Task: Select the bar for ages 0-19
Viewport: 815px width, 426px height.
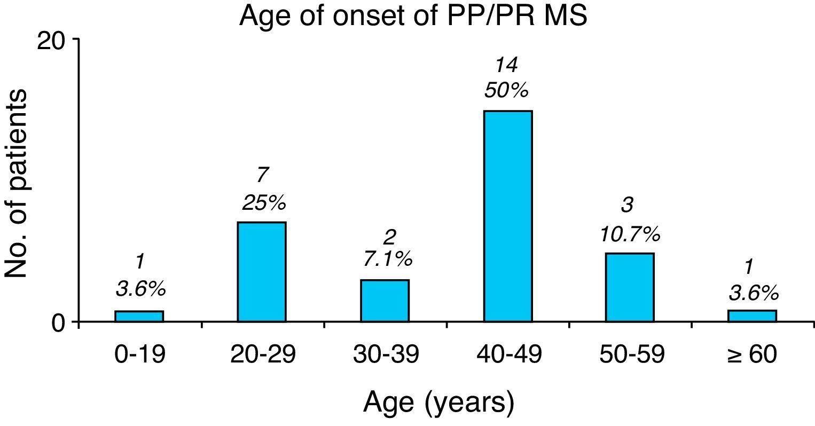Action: (139, 316)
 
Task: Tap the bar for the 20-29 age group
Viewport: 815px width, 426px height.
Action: (262, 272)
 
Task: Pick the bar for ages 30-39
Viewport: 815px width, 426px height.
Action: (385, 301)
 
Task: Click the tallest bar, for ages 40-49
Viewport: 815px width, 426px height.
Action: (508, 216)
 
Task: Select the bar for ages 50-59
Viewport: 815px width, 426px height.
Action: (630, 287)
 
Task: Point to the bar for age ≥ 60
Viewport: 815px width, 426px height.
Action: (752, 316)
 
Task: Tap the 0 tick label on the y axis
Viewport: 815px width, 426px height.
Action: (58, 324)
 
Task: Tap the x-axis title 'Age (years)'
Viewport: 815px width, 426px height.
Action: (438, 403)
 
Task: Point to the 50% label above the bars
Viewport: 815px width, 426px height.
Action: (506, 91)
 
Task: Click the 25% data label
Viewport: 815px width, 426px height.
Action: (264, 203)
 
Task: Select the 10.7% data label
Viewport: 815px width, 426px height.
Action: (630, 234)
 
